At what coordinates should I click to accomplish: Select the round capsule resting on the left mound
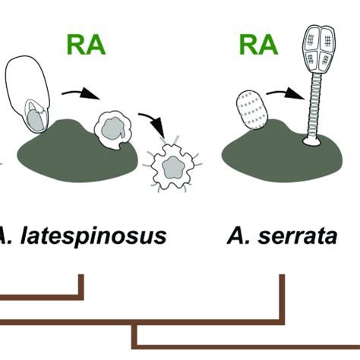112,127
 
